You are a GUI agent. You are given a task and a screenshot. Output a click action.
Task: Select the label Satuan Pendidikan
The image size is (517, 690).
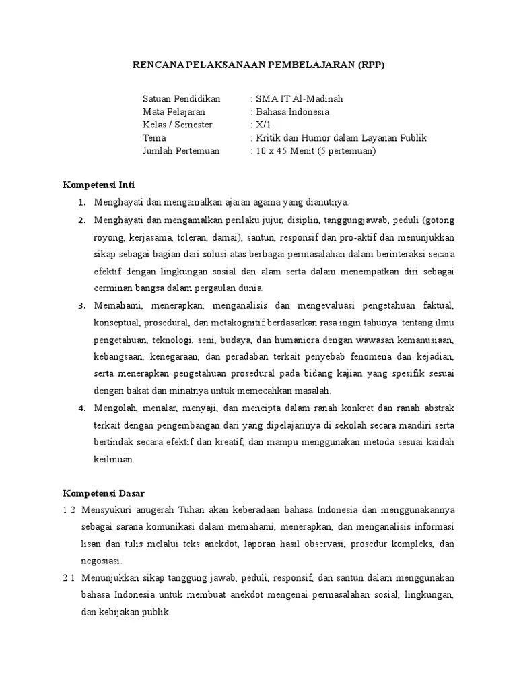[x=181, y=99]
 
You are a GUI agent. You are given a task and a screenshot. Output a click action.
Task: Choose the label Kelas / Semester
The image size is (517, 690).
[x=177, y=125]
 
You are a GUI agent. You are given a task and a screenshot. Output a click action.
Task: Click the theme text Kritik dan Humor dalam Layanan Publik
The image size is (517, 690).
[x=341, y=138]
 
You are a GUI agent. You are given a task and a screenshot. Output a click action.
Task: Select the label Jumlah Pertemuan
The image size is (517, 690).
[x=181, y=151]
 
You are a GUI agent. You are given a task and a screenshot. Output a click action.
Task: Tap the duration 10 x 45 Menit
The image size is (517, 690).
[x=284, y=151]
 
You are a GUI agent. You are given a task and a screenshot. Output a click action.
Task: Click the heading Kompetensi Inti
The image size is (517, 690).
[x=99, y=184]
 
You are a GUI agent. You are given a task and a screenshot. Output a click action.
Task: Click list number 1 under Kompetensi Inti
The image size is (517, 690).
[x=81, y=202]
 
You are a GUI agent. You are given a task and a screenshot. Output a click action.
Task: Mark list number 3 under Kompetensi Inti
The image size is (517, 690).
[x=81, y=305]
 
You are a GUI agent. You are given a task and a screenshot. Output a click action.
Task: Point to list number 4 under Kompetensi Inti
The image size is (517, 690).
[x=81, y=408]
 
